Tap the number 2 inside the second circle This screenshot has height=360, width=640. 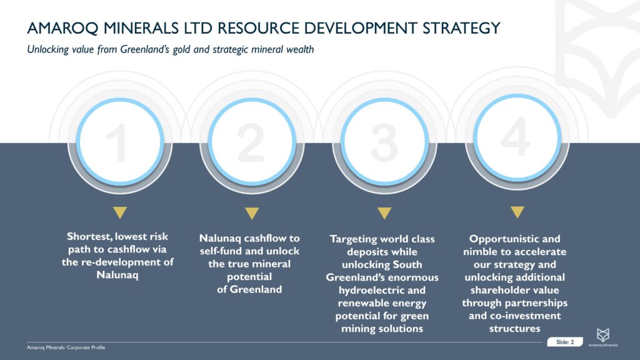252,142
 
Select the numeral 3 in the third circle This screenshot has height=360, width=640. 384,142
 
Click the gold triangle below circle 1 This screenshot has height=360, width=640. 120,213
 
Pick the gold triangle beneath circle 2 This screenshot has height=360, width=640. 252,213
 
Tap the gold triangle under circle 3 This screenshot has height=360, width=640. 384,213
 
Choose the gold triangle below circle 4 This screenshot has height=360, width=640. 517,213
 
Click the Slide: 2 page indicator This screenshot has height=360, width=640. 564,342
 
